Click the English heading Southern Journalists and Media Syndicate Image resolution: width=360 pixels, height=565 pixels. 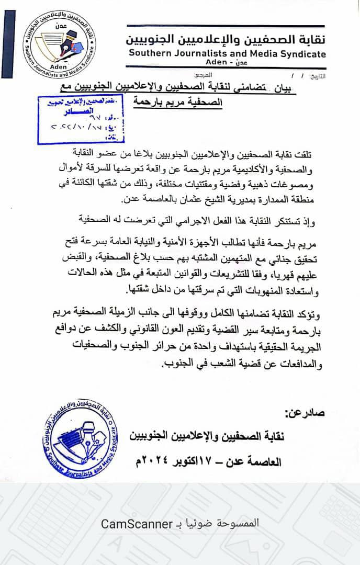pos(226,54)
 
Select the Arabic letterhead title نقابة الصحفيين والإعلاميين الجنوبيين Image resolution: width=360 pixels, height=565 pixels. pos(226,40)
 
